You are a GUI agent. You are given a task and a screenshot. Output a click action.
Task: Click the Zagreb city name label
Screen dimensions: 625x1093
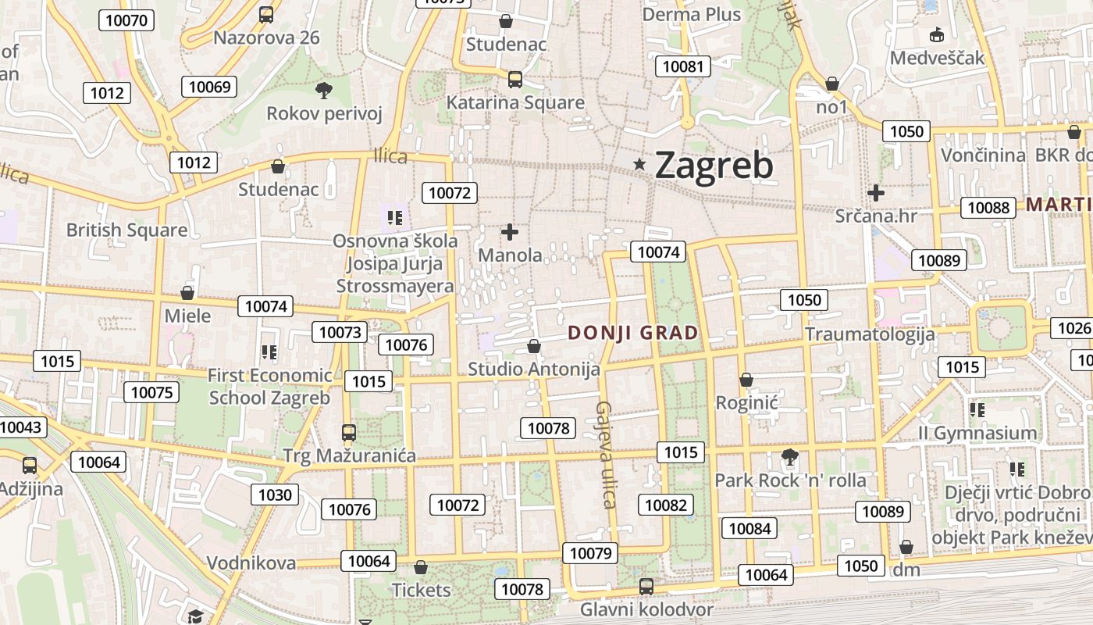pos(714,165)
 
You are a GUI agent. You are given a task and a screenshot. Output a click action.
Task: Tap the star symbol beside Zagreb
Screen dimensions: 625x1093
pos(640,164)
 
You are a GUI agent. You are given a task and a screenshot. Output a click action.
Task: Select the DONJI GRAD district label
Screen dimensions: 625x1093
pos(633,333)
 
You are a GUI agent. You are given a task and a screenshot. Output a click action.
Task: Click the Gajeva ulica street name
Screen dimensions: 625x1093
pos(607,454)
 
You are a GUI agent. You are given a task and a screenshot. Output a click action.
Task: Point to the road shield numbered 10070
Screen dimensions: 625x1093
pos(126,20)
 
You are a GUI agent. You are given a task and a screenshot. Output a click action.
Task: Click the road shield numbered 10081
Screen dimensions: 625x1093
pos(683,66)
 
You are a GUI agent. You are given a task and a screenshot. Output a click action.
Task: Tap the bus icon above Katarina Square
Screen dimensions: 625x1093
pos(514,79)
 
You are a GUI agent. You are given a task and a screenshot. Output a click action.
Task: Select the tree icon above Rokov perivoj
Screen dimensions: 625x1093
pos(323,90)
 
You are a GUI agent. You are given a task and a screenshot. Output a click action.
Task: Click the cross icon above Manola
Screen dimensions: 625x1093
pos(510,232)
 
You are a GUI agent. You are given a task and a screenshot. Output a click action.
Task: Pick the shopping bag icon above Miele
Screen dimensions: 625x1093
pos(187,293)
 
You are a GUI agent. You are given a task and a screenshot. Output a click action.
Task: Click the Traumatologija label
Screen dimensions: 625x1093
pos(870,334)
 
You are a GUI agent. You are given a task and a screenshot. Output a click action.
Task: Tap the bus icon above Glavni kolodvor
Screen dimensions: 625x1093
pos(646,586)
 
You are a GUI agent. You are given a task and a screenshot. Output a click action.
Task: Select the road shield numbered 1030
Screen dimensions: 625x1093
pos(275,495)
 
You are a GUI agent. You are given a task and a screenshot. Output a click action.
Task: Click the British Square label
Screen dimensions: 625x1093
pos(126,230)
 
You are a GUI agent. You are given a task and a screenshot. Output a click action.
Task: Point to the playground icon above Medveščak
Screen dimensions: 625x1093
pos(937,34)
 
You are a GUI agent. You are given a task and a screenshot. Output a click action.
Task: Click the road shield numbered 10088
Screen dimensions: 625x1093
pos(988,207)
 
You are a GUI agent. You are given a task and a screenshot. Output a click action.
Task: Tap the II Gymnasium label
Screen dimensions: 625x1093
pos(977,433)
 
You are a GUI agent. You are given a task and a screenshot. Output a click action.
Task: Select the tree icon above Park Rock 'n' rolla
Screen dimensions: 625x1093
pos(790,456)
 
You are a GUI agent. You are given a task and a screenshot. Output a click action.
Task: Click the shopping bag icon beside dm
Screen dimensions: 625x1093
pos(906,547)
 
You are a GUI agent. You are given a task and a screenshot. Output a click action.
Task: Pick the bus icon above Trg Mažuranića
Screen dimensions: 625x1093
pos(349,432)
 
